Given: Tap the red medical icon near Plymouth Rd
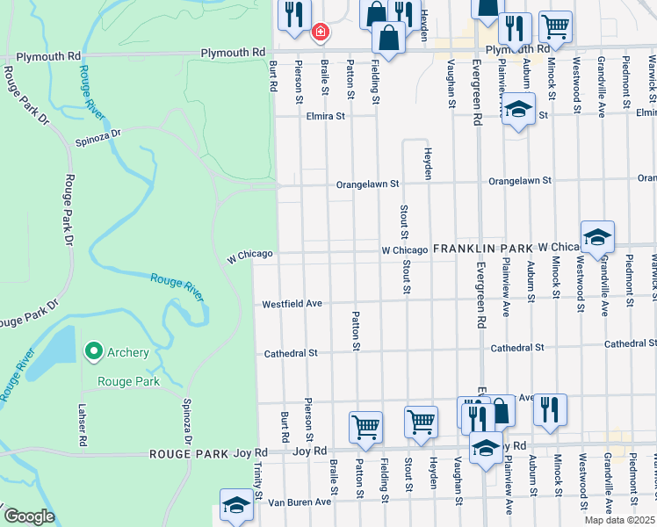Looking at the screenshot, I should (x=321, y=32).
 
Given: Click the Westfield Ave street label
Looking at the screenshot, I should (x=292, y=304).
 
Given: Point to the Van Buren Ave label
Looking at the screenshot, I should (x=300, y=502).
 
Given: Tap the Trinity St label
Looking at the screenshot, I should (x=259, y=482).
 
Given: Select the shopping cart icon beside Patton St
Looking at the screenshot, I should (x=365, y=427).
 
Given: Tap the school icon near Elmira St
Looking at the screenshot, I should (x=519, y=111).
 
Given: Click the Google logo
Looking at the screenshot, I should (x=29, y=516).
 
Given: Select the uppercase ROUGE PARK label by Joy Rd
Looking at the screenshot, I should (x=189, y=454).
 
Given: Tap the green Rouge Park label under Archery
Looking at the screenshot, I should (x=128, y=381).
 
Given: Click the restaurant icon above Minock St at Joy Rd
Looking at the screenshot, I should (x=550, y=408).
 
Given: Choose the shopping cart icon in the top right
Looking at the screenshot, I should (x=555, y=26).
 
